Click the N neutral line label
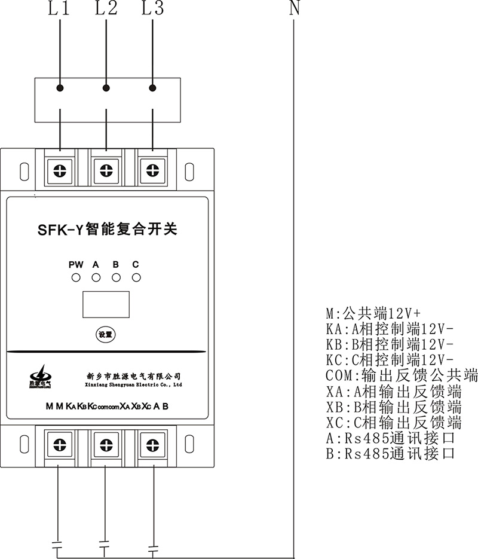click(293, 9)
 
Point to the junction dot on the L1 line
click(60, 88)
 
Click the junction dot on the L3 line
click(152, 88)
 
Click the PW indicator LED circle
click(76, 277)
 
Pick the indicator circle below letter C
click(136, 277)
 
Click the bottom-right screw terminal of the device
click(152, 445)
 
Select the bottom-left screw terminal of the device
click(60, 445)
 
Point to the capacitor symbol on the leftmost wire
click(58, 545)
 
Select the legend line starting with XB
click(394, 408)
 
